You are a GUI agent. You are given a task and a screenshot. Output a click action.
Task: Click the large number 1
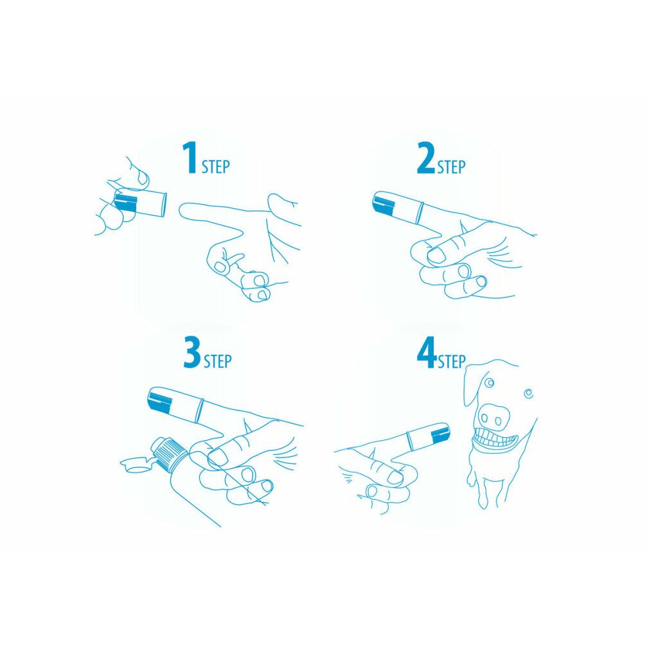pos(190,159)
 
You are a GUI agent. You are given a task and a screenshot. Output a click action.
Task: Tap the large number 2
pos(425,159)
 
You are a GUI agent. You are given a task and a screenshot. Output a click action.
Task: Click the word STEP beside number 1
pos(215,167)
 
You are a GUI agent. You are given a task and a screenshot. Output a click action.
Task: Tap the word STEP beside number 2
pos(451,167)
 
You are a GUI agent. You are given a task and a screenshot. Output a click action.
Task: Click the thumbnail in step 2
pos(437,256)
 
